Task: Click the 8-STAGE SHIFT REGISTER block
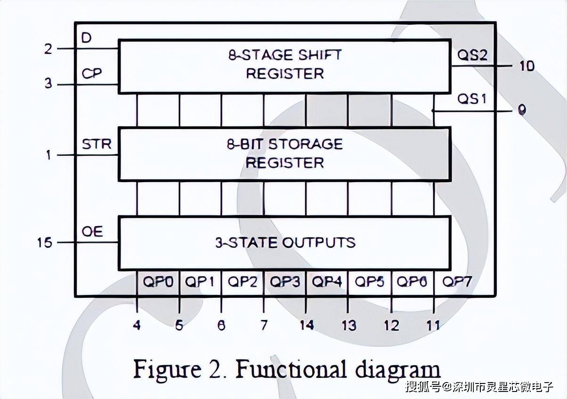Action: tap(284, 66)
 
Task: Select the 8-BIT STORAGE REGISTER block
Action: tap(284, 154)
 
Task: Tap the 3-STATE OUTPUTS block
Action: tap(284, 243)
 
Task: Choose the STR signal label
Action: tap(97, 144)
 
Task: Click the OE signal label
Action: tap(92, 231)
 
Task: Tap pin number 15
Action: tap(45, 243)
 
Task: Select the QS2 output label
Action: tap(472, 56)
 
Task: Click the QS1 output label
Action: tap(472, 100)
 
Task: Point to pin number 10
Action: tap(527, 66)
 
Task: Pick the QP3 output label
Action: tap(285, 282)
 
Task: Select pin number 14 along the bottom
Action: tap(307, 325)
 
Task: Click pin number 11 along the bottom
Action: tap(433, 325)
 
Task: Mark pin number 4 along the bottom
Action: tap(137, 325)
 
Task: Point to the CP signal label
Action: tap(92, 74)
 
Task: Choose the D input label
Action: tap(86, 38)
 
